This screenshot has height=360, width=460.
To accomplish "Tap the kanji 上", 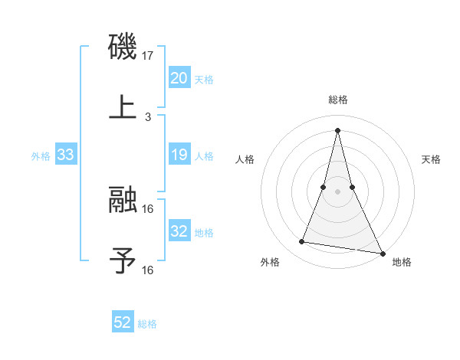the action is tap(123, 106).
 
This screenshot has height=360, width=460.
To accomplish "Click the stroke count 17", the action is tap(149, 56).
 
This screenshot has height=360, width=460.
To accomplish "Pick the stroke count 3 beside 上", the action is tap(148, 117).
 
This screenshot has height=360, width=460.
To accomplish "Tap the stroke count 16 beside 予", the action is tap(148, 270).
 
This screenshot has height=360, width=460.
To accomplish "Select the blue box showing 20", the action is tap(179, 78).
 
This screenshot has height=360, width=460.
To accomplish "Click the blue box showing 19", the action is tap(179, 155).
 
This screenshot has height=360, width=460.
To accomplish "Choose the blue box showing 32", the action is tap(179, 232).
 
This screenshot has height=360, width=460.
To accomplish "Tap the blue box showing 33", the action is tap(66, 155).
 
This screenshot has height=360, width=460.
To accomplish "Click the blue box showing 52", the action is tap(123, 323).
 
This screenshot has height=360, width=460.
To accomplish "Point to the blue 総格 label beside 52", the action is tap(147, 324).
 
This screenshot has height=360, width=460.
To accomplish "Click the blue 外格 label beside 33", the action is tap(41, 156).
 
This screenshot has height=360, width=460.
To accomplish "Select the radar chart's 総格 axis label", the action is tap(338, 100).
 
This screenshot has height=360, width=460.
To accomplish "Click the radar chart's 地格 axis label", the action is tap(402, 263).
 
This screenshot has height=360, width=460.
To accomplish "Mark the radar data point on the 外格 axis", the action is tap(301, 242).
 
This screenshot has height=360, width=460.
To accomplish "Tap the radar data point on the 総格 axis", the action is tap(338, 130).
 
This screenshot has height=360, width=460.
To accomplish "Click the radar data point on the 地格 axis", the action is tap(382, 253).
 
